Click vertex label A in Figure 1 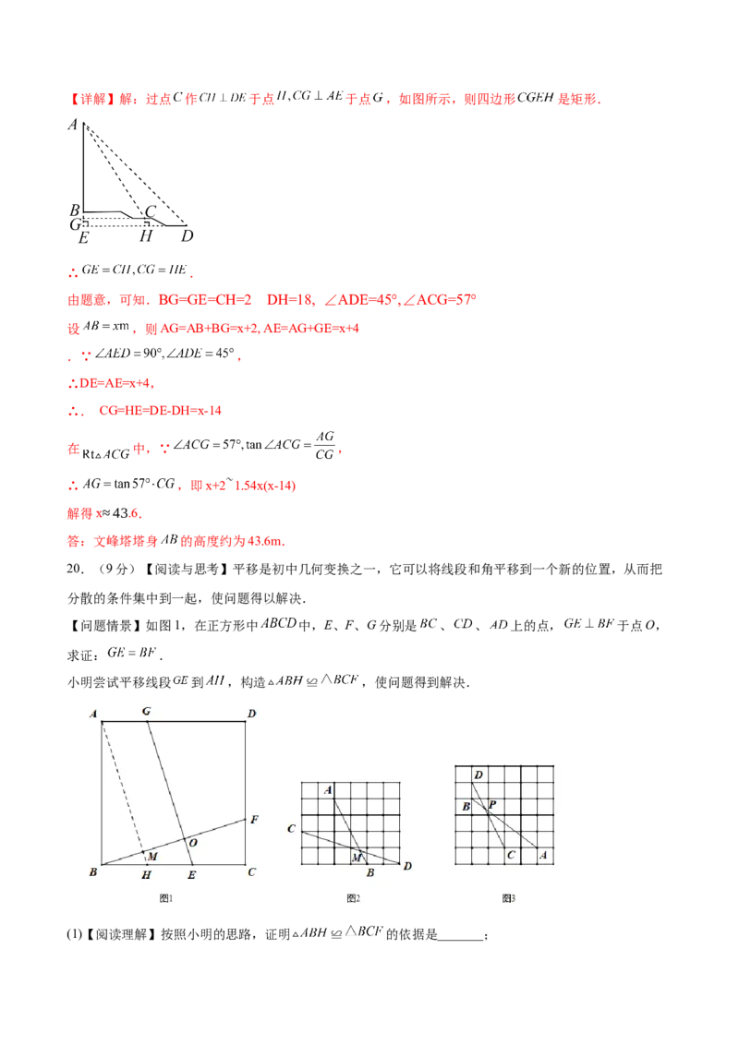pyautogui.click(x=93, y=713)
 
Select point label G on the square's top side pyautogui.click(x=146, y=711)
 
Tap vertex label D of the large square pyautogui.click(x=251, y=713)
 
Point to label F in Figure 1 pyautogui.click(x=254, y=819)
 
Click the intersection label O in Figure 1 pyautogui.click(x=192, y=842)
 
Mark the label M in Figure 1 pyautogui.click(x=152, y=857)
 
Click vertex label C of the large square pyautogui.click(x=251, y=871)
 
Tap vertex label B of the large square pyautogui.click(x=93, y=871)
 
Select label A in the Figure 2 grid pyautogui.click(x=327, y=790)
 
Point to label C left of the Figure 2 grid pyautogui.click(x=291, y=829)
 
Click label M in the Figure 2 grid pyautogui.click(x=355, y=859)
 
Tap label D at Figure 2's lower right pyautogui.click(x=406, y=865)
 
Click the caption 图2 pyautogui.click(x=353, y=898)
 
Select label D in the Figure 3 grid pyautogui.click(x=478, y=775)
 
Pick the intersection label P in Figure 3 pyautogui.click(x=492, y=805)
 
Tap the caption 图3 pyautogui.click(x=508, y=898)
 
